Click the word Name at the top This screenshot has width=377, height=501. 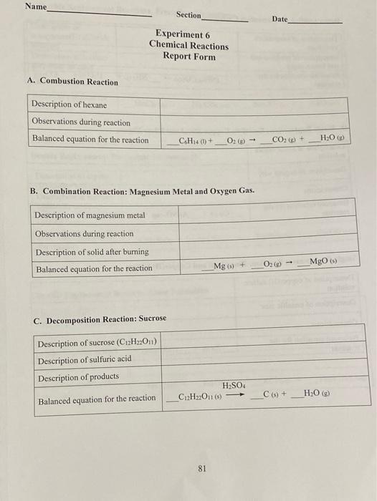pos(35,6)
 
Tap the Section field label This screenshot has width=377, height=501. pos(188,15)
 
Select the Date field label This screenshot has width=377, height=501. pos(280,19)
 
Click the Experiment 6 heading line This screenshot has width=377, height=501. pos(183,34)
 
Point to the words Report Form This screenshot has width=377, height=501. pos(188,57)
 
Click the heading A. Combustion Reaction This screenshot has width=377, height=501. pos(72,82)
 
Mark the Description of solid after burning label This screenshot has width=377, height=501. pos(91,252)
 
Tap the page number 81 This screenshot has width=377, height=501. pos(201,469)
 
